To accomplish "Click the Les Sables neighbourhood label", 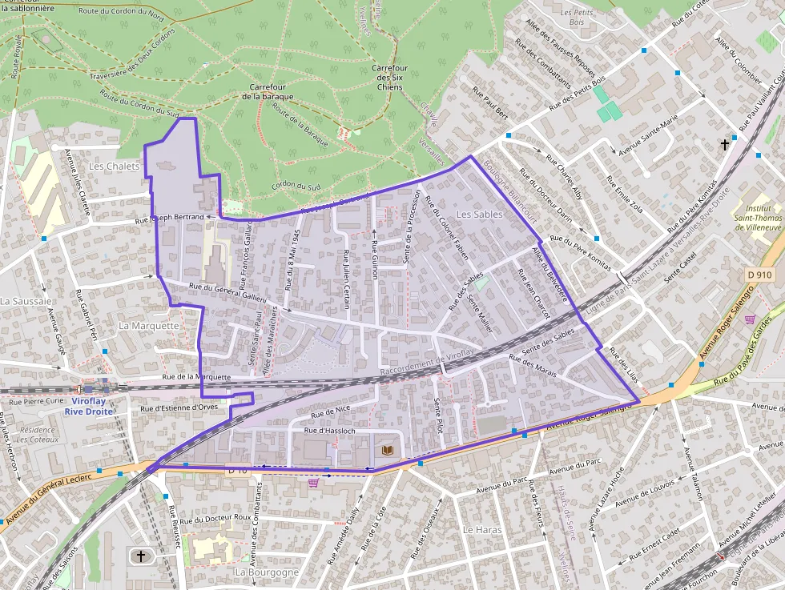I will click(x=479, y=215).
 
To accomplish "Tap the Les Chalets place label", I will click(x=114, y=167).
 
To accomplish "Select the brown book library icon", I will click(x=388, y=451).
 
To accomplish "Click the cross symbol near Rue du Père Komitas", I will click(x=725, y=145).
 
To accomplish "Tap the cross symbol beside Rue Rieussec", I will click(x=141, y=555).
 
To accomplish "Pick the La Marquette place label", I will click(x=149, y=326).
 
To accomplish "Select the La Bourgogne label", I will click(x=267, y=572).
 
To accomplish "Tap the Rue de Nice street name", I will click(x=331, y=413).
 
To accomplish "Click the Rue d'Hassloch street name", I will click(x=331, y=431).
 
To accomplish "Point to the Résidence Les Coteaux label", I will click(x=37, y=435).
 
